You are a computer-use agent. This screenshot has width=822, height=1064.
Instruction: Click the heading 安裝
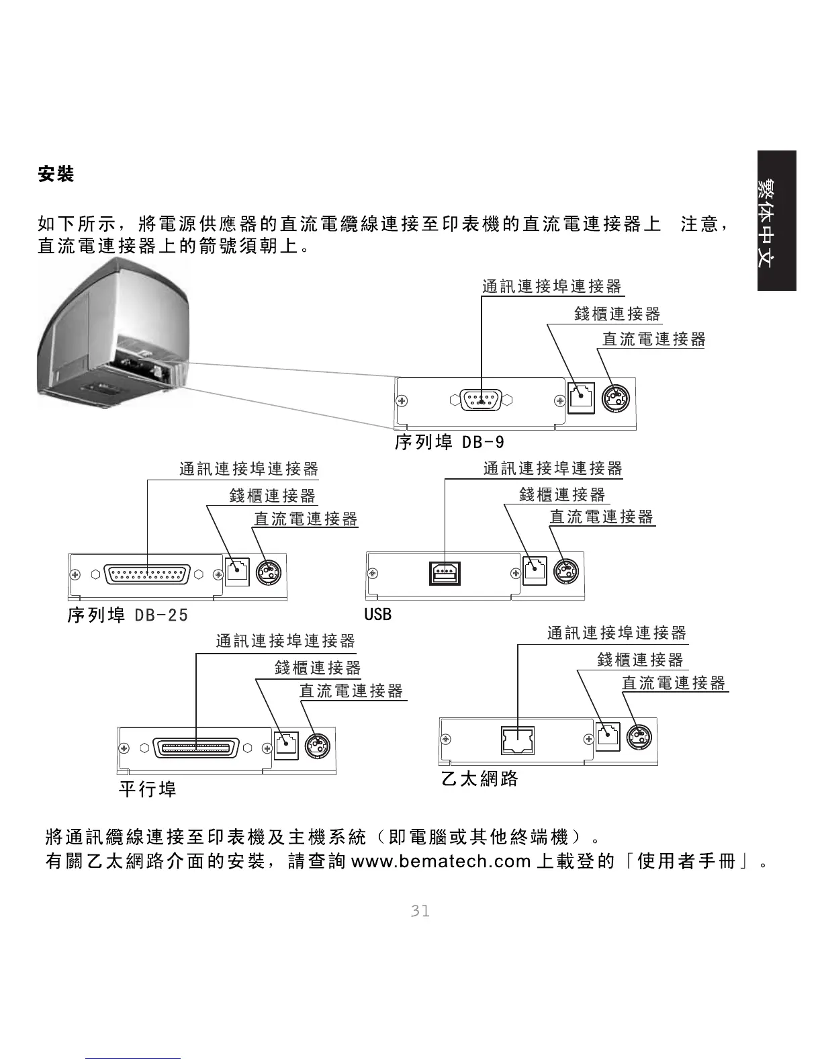point(56,174)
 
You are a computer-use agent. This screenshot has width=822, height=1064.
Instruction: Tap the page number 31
point(420,911)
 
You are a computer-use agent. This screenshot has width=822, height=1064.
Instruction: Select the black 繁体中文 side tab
point(776,221)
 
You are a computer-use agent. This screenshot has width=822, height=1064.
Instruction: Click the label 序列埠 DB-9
point(449,443)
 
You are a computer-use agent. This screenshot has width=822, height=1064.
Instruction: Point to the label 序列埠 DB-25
point(128,615)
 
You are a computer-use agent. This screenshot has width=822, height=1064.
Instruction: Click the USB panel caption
point(377,614)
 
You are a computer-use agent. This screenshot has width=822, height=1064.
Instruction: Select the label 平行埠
point(147,789)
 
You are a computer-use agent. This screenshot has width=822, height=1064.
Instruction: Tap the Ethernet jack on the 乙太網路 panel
point(518,740)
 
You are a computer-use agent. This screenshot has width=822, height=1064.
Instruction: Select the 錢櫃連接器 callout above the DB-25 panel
point(272,496)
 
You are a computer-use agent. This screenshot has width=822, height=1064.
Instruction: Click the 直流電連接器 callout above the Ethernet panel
point(674,683)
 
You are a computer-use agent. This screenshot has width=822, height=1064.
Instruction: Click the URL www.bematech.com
point(441,860)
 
